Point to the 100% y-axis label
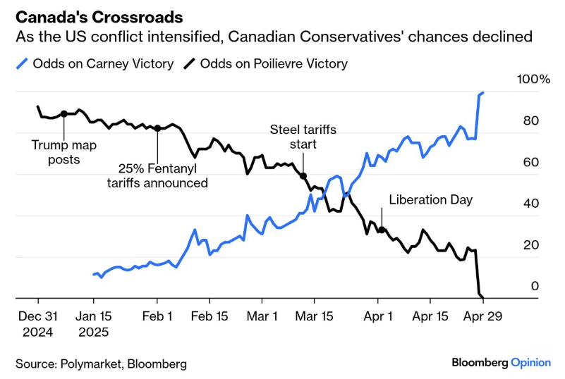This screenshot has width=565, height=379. pyautogui.click(x=533, y=79)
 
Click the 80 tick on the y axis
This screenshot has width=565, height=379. pyautogui.click(x=530, y=120)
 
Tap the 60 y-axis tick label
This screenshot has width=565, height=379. pyautogui.click(x=530, y=162)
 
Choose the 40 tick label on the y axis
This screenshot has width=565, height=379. pyautogui.click(x=530, y=204)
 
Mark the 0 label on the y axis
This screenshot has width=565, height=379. pyautogui.click(x=535, y=286)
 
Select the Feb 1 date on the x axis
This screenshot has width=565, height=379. pyautogui.click(x=158, y=316)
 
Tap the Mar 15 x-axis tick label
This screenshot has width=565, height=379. pyautogui.click(x=312, y=316)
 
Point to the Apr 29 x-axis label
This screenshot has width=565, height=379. pyautogui.click(x=483, y=316)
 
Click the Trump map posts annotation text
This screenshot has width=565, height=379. pyautogui.click(x=63, y=151)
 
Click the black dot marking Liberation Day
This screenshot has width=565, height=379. pyautogui.click(x=382, y=230)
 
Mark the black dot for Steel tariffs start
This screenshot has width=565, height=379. pyautogui.click(x=303, y=176)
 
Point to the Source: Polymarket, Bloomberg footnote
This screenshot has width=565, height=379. pyautogui.click(x=101, y=364)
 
